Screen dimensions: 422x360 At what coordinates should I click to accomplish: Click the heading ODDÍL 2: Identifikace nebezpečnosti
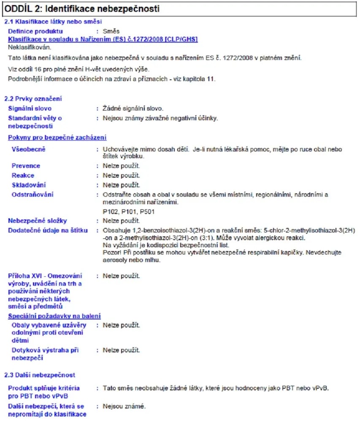[x=82, y=8]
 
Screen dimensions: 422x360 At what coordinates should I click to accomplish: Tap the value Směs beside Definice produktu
[x=111, y=31]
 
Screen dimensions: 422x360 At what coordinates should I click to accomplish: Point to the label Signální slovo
[x=30, y=109]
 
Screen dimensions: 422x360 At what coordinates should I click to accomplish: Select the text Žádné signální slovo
[x=133, y=109]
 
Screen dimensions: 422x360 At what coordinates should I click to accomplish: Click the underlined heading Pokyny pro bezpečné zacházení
[x=57, y=138]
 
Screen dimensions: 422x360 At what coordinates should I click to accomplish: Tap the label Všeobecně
[x=28, y=149]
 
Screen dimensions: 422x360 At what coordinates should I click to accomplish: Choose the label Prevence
[x=26, y=166]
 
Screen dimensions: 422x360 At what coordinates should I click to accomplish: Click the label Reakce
[x=23, y=176]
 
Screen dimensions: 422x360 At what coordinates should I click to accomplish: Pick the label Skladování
[x=29, y=185]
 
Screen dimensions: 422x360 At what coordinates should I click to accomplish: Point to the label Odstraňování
[x=32, y=195]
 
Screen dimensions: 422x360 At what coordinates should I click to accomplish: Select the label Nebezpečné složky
[x=38, y=221]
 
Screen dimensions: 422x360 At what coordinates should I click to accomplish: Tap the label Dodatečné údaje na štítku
[x=48, y=230]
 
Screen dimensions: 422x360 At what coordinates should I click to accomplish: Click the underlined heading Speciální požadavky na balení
[x=54, y=316]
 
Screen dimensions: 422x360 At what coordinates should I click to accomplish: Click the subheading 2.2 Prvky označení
[x=33, y=99]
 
